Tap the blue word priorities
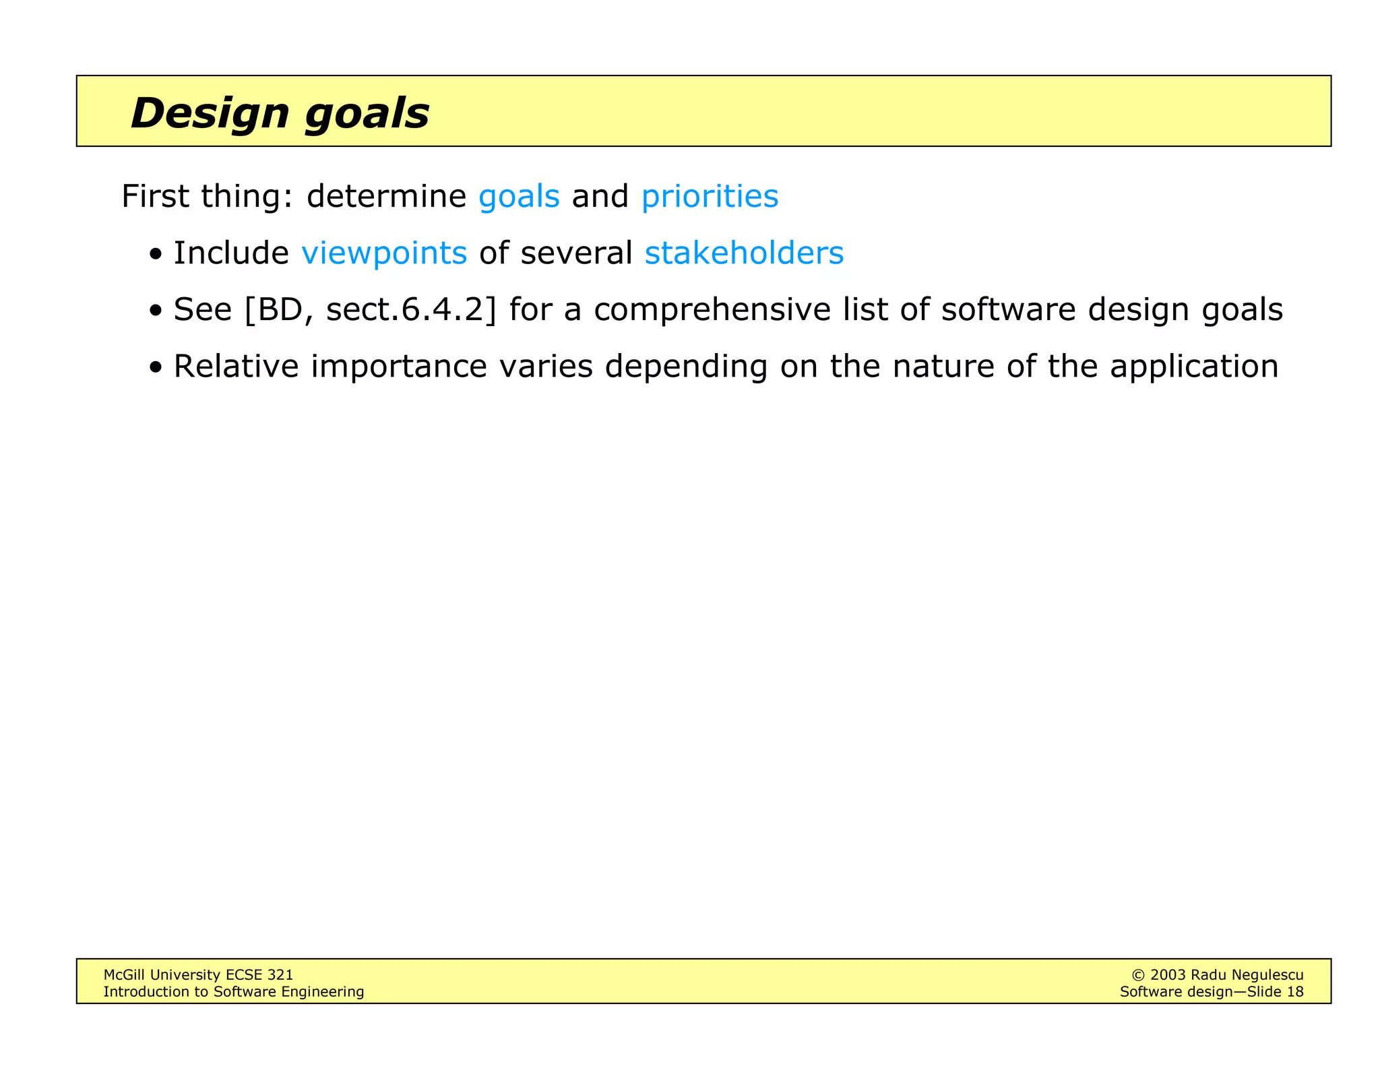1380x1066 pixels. point(710,197)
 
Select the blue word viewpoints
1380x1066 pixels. point(384,253)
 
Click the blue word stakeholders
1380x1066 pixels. point(744,253)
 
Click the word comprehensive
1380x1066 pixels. point(712,310)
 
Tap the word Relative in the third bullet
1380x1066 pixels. point(236,367)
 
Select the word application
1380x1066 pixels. point(1194,367)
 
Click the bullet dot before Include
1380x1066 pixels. point(156,255)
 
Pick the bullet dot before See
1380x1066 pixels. point(156,312)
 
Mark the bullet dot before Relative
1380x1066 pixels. point(156,369)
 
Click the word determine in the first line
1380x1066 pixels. point(386,197)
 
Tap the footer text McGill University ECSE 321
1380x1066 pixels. point(198,974)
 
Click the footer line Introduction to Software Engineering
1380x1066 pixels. point(233,991)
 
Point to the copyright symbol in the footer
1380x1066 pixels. point(1138,975)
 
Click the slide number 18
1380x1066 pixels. point(1295,991)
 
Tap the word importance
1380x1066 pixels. point(399,367)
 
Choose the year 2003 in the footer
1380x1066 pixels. point(1167,975)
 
